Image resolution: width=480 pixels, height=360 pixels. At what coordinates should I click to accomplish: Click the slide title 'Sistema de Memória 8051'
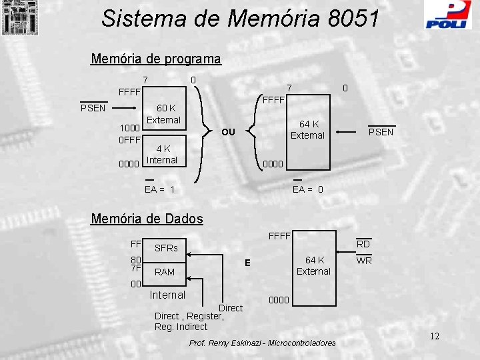coord(241,19)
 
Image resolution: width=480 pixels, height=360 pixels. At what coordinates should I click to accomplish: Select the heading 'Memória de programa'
coord(155,59)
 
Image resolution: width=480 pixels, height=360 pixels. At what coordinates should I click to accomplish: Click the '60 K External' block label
coord(164,114)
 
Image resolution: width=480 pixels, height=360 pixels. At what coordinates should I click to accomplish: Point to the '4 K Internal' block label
coord(162,155)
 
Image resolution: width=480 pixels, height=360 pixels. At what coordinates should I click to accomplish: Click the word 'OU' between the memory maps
coord(229,131)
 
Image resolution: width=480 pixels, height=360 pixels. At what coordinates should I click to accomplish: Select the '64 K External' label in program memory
coord(307,129)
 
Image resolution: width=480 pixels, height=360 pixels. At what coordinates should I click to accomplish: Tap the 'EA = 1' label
coord(159,189)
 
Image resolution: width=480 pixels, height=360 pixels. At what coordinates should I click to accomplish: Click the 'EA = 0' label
coord(308,189)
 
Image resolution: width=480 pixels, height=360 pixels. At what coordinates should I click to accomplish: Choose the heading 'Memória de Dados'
coord(147,219)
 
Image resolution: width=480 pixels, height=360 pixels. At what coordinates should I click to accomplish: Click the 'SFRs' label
coord(166,248)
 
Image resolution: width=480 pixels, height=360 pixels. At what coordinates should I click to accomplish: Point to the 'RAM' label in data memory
coord(164,272)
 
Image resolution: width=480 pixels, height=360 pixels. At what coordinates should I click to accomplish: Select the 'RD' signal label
coord(363,244)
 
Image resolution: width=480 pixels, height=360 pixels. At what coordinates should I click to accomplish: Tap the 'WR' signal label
coord(364,261)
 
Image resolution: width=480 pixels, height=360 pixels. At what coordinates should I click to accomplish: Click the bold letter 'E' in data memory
coord(247,263)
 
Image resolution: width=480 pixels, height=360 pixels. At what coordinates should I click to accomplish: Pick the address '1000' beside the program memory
coord(129,129)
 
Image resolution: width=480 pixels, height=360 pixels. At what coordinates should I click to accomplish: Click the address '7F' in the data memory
coord(135,269)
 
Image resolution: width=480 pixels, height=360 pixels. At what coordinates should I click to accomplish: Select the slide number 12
coord(434,335)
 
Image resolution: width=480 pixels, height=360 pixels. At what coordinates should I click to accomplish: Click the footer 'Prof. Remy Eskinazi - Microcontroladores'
coord(263,343)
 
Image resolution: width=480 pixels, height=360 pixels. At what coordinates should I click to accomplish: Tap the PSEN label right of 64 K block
coord(381,132)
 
